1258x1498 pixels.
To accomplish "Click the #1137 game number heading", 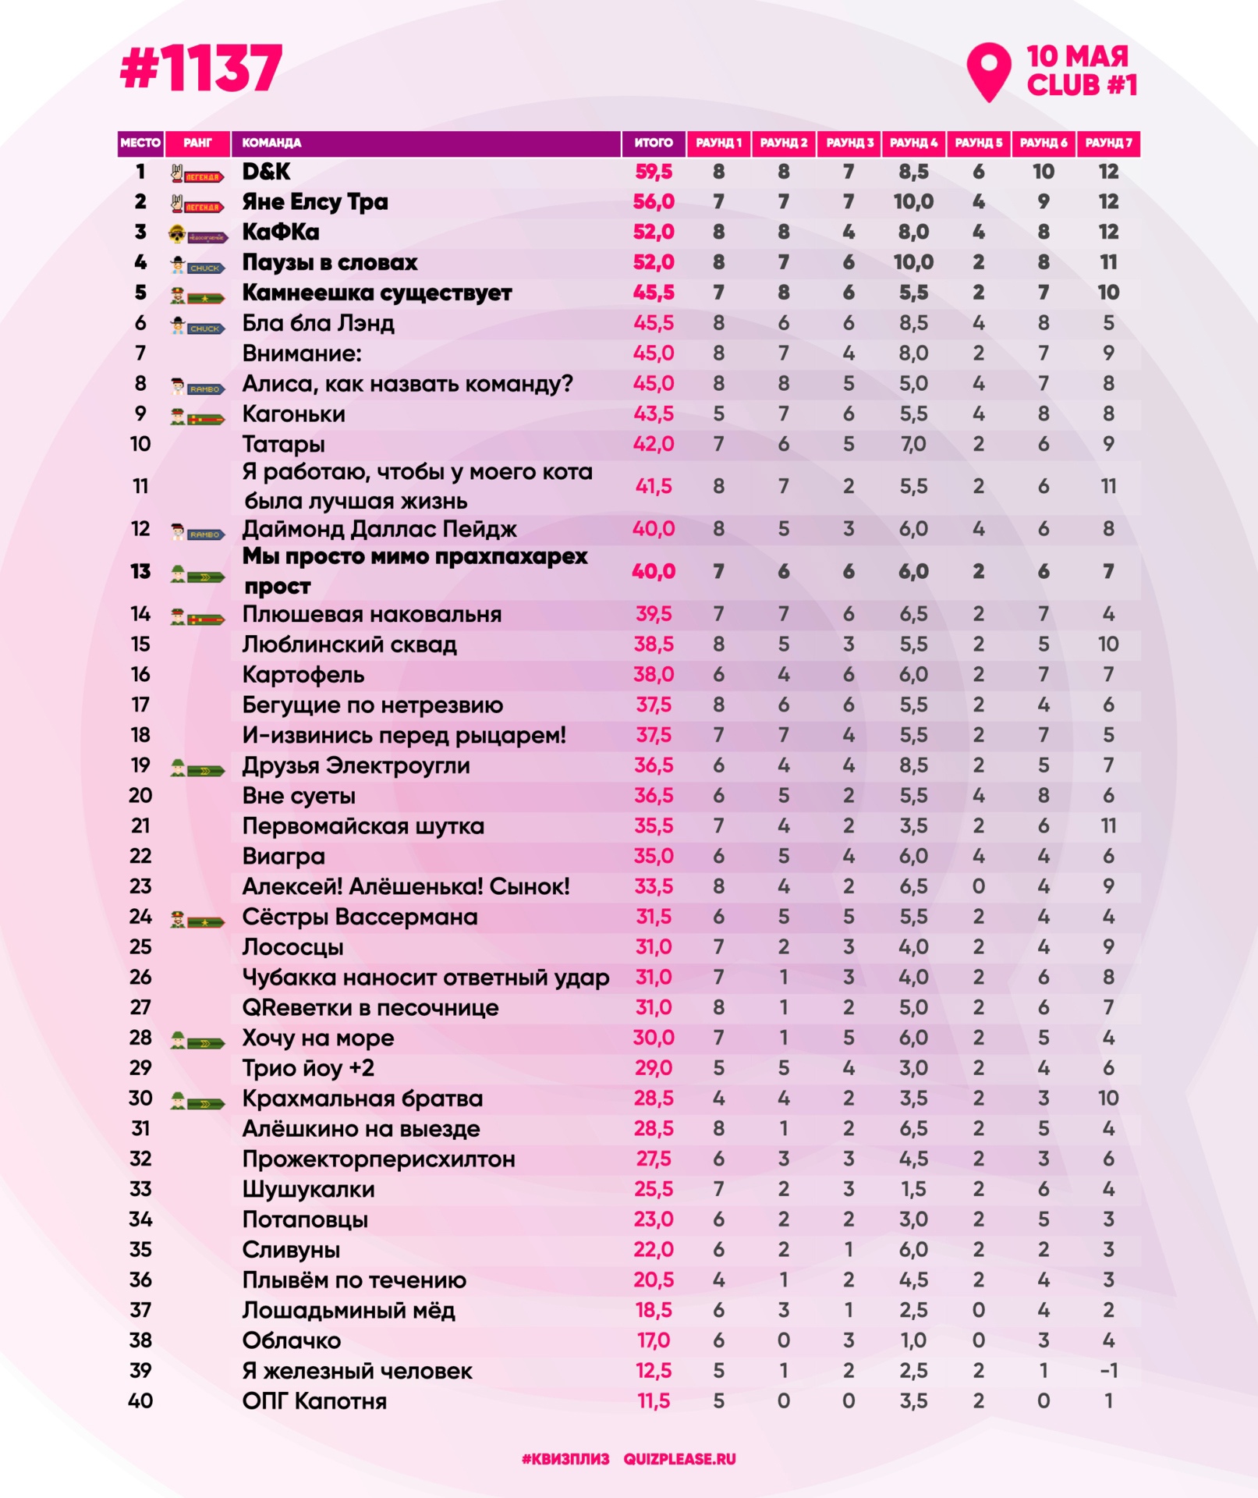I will (200, 69).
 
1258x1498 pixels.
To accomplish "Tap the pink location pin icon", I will (988, 70).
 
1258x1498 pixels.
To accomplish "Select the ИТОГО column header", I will (653, 143).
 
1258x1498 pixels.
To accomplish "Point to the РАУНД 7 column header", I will (1107, 143).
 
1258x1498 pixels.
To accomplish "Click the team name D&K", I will (266, 172).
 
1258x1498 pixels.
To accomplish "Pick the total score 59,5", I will (653, 172).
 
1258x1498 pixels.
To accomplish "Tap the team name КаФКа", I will (280, 233).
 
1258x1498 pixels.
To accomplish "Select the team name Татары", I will (283, 445).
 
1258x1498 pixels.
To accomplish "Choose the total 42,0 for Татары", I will (653, 445).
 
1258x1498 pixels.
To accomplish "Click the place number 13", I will (140, 572).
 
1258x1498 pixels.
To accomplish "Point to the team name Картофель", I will (303, 675).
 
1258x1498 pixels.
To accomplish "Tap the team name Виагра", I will (283, 857).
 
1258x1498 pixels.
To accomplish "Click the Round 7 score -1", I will (1107, 1371).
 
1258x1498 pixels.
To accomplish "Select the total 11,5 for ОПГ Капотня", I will (653, 1401).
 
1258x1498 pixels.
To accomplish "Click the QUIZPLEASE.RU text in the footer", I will (679, 1459).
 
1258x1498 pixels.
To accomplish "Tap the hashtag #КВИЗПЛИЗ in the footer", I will (565, 1459).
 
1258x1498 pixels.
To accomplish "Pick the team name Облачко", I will (291, 1341).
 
